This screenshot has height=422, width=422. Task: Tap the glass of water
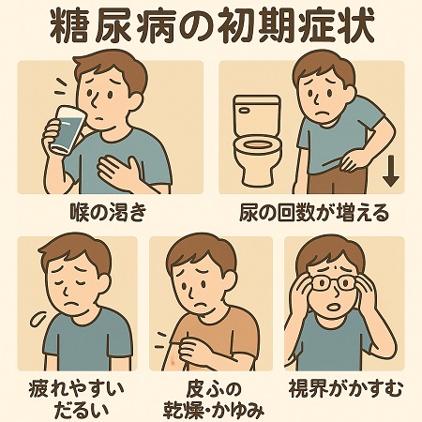tap(66, 129)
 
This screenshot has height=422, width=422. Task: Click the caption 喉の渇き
tap(108, 212)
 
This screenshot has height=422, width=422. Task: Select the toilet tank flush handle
tap(244, 110)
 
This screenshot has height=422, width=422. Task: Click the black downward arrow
tap(391, 172)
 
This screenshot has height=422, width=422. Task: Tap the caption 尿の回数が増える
tap(314, 213)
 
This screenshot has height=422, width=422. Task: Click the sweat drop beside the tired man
tap(38, 319)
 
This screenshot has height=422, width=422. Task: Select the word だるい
tap(82, 410)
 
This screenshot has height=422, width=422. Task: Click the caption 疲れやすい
tap(77, 389)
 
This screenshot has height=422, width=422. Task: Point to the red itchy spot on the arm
tap(172, 362)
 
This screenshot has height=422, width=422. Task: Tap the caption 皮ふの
tap(215, 389)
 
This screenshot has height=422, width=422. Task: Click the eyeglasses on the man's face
tap(333, 282)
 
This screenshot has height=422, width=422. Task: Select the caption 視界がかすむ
tap(346, 388)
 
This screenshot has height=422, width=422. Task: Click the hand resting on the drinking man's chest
tap(122, 172)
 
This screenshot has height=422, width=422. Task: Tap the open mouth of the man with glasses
tap(333, 307)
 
